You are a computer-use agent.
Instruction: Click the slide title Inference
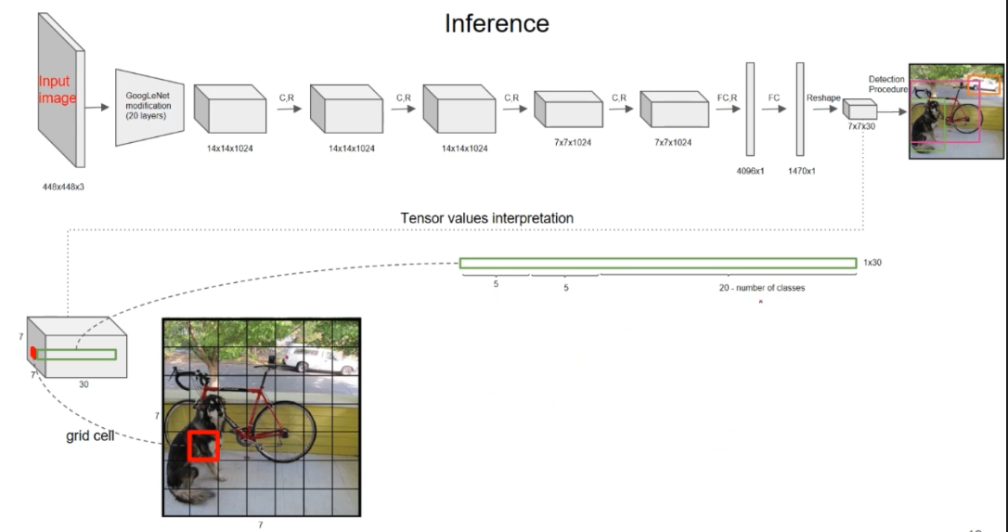coord(497,23)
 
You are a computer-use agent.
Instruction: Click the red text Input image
coord(56,90)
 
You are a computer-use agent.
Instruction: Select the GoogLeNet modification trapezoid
coord(148,107)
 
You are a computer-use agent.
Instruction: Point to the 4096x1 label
coord(750,171)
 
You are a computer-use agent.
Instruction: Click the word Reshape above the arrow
coord(822,97)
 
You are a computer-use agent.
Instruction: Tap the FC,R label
coord(726,97)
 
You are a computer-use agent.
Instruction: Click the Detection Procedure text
coord(887,84)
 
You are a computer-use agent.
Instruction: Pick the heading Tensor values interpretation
coord(486,218)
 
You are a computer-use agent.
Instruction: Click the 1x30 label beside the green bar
coord(872,263)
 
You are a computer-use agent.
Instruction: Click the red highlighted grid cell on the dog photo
coord(203,446)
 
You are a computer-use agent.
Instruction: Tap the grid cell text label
coord(89,434)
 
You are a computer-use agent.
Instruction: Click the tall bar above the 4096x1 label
coord(750,108)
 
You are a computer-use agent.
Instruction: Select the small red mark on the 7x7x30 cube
coord(32,352)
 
